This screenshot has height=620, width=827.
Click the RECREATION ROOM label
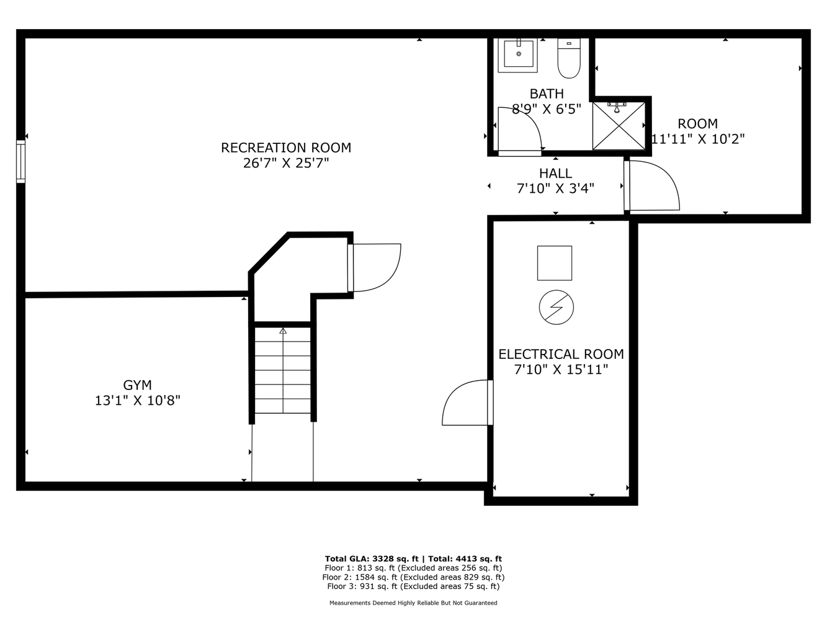click(x=286, y=148)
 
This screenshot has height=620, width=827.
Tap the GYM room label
click(x=138, y=385)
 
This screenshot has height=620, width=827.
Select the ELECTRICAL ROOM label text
click(x=561, y=354)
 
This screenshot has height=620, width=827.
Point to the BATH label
click(x=547, y=94)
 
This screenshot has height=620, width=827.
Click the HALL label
click(x=555, y=173)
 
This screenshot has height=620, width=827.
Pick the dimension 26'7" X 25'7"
click(x=286, y=164)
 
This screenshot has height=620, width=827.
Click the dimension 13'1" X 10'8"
click(x=138, y=401)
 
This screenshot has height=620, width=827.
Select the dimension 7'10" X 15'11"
click(x=561, y=370)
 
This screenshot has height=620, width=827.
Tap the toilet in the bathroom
click(x=569, y=58)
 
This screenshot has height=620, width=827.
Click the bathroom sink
click(x=518, y=55)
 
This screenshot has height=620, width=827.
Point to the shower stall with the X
click(x=619, y=126)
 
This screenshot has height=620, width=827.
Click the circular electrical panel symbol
click(x=556, y=307)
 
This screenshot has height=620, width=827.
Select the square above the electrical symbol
click(x=554, y=263)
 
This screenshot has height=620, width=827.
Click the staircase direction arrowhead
click(x=283, y=330)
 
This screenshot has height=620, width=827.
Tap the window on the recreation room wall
click(x=20, y=161)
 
